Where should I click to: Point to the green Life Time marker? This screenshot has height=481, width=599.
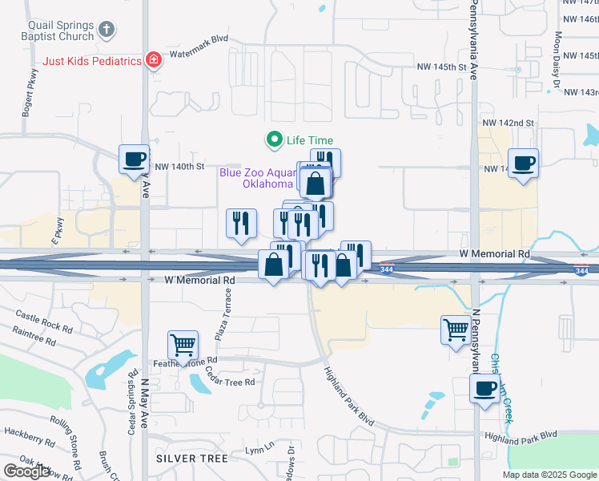pyautogui.click(x=275, y=140)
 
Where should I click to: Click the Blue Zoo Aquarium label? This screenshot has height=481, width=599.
pyautogui.click(x=258, y=177)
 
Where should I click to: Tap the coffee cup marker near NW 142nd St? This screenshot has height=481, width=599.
pyautogui.click(x=524, y=163)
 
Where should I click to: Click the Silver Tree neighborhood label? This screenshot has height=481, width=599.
pyautogui.click(x=192, y=458)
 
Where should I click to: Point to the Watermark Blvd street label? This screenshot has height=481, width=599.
pyautogui.click(x=200, y=38)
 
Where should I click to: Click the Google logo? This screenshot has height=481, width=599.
pyautogui.click(x=27, y=471)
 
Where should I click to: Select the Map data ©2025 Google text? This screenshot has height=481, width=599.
pyautogui.click(x=549, y=475)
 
